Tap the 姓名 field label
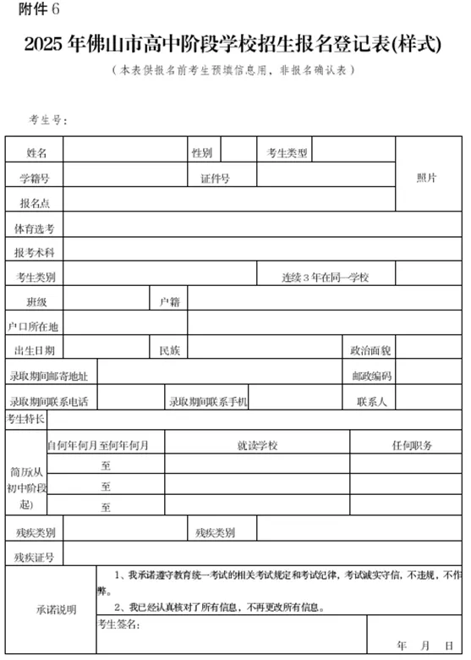pos(36,153)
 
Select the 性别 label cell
pos(201,153)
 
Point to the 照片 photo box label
pos(427,179)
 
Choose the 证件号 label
pos(216,179)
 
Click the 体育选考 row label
pos(35,228)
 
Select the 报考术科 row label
pos(35,252)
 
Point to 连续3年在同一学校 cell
pos(326,277)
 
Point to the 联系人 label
pos(371,401)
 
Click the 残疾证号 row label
pos(35,557)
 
